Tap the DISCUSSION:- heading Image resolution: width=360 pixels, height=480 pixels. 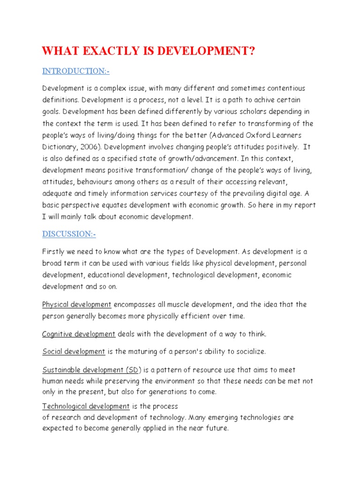point(69,234)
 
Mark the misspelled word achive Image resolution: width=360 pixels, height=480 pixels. point(249,100)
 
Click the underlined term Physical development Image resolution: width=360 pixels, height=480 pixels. point(77,305)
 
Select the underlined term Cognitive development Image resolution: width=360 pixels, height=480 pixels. point(79,334)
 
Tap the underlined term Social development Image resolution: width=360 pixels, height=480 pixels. point(74,351)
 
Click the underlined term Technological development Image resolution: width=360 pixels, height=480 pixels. point(86,406)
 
